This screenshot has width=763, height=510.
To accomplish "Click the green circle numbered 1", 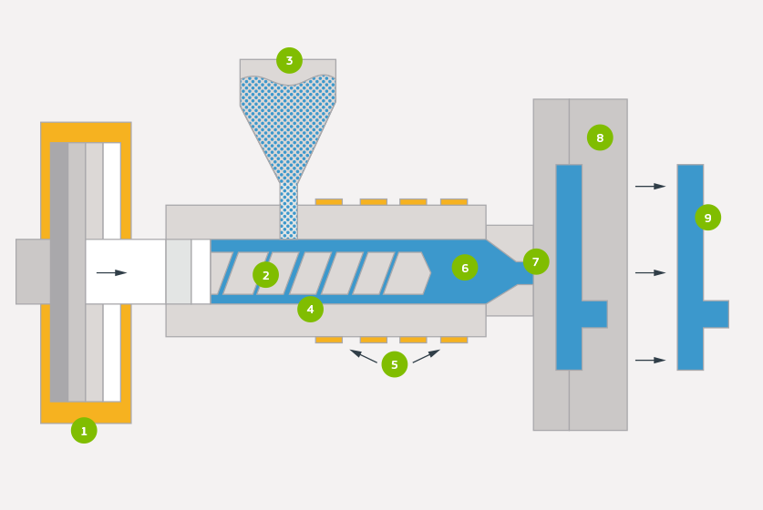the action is (x=84, y=430).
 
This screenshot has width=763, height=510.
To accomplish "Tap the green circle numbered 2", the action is (x=265, y=275).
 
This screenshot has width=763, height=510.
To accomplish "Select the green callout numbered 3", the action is (x=289, y=61).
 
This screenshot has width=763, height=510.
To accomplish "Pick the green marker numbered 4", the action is (x=311, y=310).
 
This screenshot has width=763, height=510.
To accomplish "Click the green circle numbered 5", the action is (x=395, y=364).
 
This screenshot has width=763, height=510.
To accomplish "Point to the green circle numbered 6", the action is (x=465, y=268).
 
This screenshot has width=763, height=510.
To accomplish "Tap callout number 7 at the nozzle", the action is (x=536, y=262).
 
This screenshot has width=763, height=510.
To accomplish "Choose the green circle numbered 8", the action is (x=600, y=138).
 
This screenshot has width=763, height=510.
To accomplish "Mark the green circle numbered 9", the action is (x=708, y=218).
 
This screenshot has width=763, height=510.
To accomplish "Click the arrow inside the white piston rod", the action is (x=111, y=272).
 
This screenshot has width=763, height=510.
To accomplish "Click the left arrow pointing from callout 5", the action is (x=363, y=356).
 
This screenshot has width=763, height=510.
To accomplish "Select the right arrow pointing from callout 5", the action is (x=427, y=356).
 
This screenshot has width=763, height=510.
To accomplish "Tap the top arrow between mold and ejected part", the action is (x=651, y=186).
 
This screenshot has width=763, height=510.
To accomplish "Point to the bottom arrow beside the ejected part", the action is (x=651, y=361).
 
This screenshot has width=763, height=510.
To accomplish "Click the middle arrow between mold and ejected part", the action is (x=651, y=272).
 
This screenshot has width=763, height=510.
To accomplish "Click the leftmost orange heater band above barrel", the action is (x=329, y=202).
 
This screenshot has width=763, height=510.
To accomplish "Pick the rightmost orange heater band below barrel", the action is (x=454, y=340).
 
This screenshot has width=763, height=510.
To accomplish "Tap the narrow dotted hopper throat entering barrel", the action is (x=289, y=211).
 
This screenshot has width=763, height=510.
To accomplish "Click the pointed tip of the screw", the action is (x=430, y=273).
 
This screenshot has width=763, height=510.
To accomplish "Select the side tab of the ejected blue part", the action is (x=716, y=314).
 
